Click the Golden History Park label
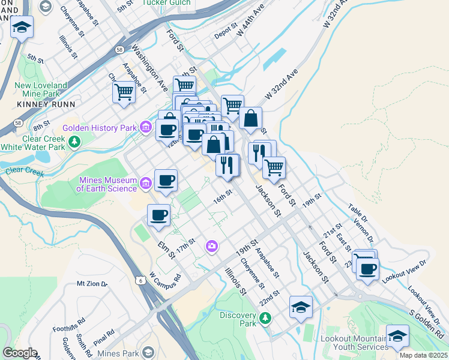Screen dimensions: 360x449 pos(100,128)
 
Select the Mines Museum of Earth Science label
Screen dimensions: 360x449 pos(107,184)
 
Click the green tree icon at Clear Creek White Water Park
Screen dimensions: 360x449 pos(74,142)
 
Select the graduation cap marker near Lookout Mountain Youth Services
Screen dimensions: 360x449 pos(397,336)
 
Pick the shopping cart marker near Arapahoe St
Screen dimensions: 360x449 pos(124,92)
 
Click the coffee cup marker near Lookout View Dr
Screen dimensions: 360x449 pos(367,268)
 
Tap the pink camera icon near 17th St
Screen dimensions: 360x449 pos(211,246)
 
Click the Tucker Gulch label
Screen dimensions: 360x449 pos(166,2)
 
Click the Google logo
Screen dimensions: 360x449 pos(20,353)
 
